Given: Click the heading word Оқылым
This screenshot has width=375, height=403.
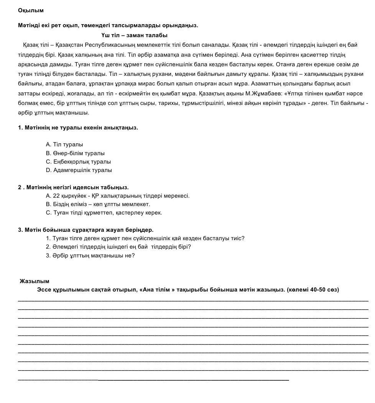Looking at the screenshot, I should coord(31,10).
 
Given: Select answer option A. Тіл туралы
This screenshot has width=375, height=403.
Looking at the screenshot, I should coord(64,144).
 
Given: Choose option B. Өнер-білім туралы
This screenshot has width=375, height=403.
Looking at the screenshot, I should coord(75,153).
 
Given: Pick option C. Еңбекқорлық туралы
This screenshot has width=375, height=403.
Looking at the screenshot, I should coord(78,162).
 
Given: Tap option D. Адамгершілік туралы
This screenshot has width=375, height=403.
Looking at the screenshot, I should coord(79,170).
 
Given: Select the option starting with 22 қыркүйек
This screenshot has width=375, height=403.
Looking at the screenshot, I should coord(117,196).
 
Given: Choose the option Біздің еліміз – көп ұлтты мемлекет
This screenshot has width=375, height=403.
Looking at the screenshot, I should coord(98,204).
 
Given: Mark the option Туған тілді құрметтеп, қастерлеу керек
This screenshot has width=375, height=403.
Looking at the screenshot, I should coord(104,213).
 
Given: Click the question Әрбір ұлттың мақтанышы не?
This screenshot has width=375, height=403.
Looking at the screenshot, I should coord(90,256).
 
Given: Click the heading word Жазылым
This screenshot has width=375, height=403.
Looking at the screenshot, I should coord(35,281).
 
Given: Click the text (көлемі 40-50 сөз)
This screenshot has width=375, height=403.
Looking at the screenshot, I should coord(312,290).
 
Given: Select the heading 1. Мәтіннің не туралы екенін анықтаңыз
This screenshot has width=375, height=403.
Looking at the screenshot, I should coord(78,128).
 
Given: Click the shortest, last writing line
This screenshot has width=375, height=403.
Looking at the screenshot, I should coord(153,380).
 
